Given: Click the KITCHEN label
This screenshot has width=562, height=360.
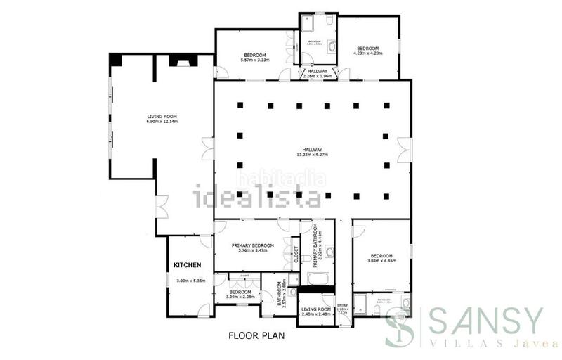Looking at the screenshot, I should coord(188,265).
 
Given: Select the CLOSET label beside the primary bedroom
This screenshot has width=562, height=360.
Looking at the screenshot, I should coord(296,255).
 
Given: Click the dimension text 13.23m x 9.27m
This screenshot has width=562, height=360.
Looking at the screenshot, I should coord(313,154).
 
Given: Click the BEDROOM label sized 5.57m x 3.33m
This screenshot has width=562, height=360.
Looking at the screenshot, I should coord(254,55).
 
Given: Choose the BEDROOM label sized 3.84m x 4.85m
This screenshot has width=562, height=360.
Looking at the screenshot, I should coord(381,255).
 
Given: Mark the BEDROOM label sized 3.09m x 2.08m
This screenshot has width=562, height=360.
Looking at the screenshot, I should coord(240,292).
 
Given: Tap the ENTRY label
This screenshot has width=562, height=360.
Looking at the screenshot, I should coord(342,304).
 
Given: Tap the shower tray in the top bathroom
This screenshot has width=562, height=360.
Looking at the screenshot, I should coord(308,25).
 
